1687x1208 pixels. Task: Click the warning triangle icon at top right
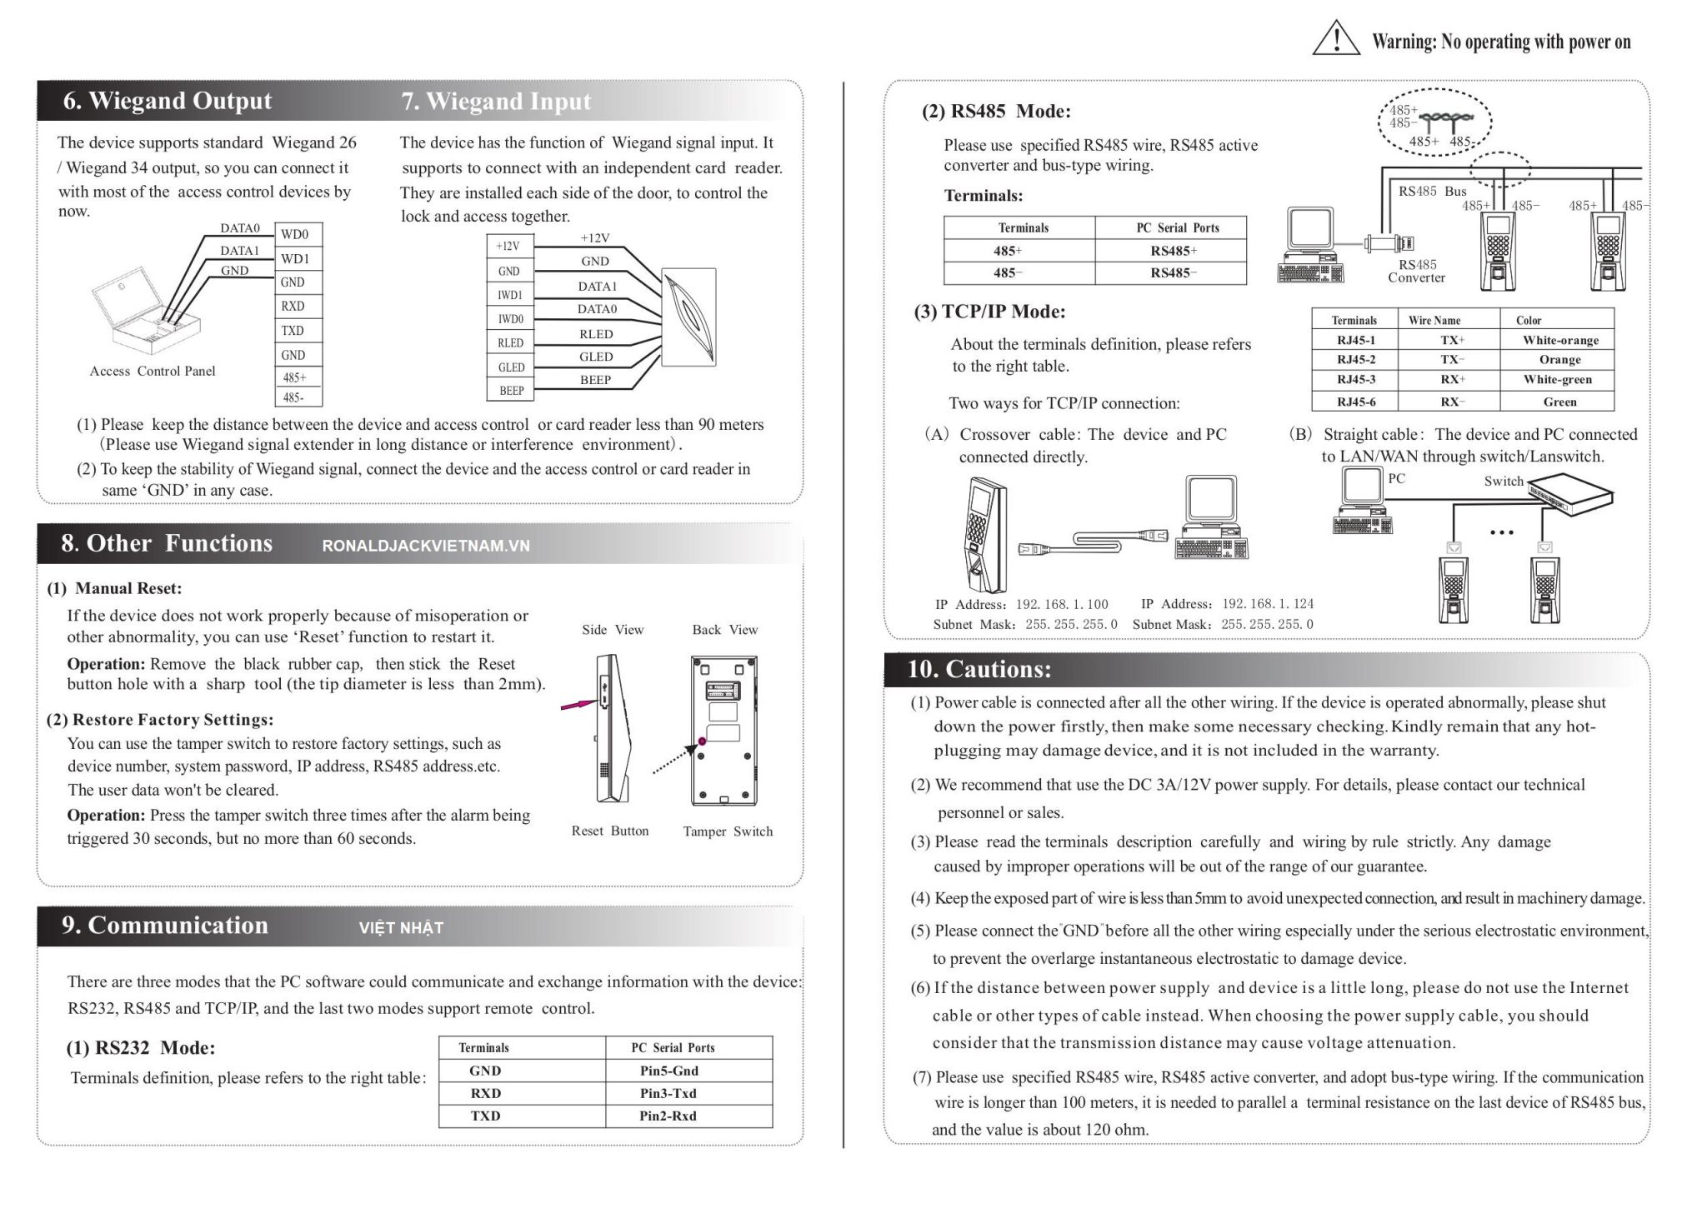pos(1335,38)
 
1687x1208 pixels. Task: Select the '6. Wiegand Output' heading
pos(167,101)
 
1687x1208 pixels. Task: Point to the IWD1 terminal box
pos(509,295)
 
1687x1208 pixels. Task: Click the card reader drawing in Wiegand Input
pos(688,317)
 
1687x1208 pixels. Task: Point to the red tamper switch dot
pos(703,741)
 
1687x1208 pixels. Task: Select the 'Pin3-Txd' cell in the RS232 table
pos(668,1093)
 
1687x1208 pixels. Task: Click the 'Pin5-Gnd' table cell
pos(668,1071)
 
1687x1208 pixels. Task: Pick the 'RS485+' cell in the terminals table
pos(1173,251)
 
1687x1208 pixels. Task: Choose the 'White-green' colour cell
pos(1557,379)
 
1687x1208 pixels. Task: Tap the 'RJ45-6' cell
pos(1355,402)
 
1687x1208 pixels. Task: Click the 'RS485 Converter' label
pos(1416,271)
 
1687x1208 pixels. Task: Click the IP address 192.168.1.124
pos(1267,604)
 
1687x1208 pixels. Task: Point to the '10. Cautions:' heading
pos(979,669)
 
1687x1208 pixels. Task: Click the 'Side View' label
pos(613,630)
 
